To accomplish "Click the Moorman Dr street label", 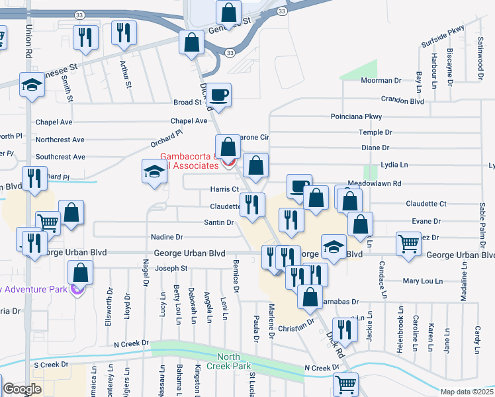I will (x=381, y=81).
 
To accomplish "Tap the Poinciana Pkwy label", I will (x=357, y=116).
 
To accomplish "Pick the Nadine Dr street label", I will (x=167, y=236).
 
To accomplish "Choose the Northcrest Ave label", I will (x=60, y=140).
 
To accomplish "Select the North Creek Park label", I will (x=229, y=361).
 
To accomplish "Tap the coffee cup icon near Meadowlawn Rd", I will (x=299, y=187).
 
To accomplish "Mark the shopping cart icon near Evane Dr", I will (x=408, y=245).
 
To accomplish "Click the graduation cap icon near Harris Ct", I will (x=154, y=173).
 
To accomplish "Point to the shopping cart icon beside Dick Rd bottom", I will (x=345, y=384).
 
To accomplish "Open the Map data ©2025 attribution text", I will (x=466, y=392).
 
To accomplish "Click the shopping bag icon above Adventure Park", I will (x=80, y=273).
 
